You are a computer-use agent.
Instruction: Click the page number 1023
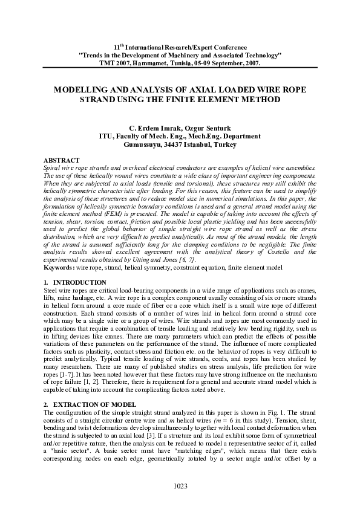click(x=180, y=485)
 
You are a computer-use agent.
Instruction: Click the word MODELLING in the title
click(x=83, y=89)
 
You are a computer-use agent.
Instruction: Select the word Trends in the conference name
click(x=93, y=55)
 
